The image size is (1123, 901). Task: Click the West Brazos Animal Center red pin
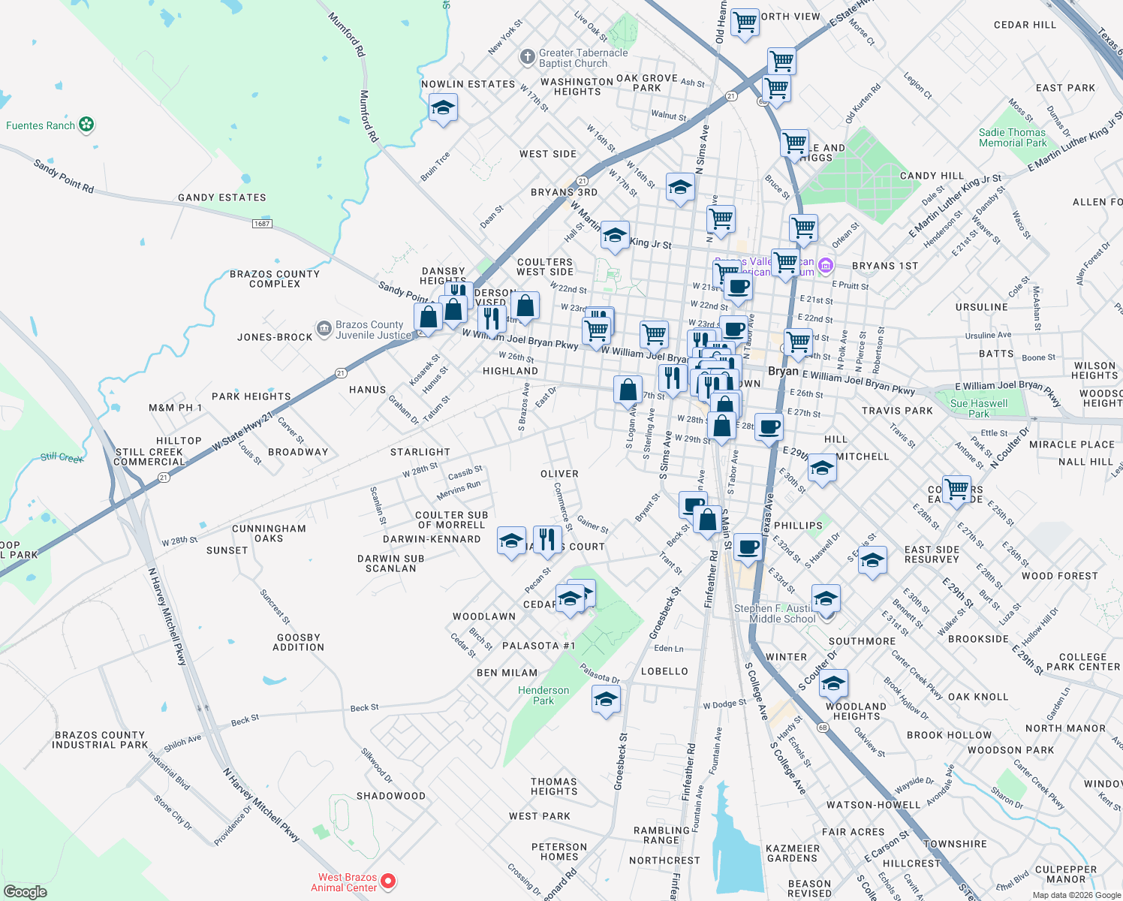pos(388,881)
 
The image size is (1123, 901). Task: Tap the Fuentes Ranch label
pos(41,125)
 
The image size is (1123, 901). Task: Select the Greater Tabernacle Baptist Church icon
pos(528,57)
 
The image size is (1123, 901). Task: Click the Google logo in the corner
pos(25,892)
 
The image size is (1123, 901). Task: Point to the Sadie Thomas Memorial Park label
pos(1012,137)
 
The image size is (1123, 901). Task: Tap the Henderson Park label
pos(543,695)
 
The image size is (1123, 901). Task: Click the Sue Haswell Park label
pos(979,408)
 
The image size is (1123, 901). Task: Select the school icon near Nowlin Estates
pos(443,109)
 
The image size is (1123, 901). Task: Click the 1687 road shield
pos(262,224)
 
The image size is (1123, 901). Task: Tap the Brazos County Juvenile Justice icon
pos(324,329)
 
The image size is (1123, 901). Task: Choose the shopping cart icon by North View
pos(745,22)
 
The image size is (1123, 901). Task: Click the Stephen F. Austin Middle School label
pos(782,613)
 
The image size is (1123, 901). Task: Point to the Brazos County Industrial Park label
pos(100,740)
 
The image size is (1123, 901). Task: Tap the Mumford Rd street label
pos(347,35)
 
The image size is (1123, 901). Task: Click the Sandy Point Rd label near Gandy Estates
pos(64,176)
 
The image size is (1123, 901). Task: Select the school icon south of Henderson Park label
pos(606,700)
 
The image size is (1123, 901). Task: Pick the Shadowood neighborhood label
pos(390,796)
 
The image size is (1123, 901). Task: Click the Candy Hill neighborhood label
pos(932,176)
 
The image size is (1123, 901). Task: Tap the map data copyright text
pos(1076,895)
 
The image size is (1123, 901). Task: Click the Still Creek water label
pos(62,457)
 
